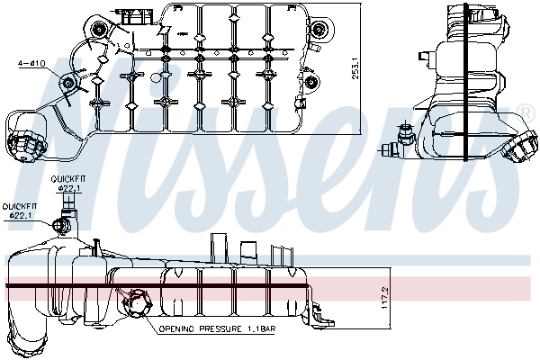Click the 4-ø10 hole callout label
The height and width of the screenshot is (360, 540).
pos(31,63)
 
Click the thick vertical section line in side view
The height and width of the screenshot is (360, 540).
pos(463,85)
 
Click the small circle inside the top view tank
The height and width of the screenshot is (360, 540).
pos(155,77)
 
